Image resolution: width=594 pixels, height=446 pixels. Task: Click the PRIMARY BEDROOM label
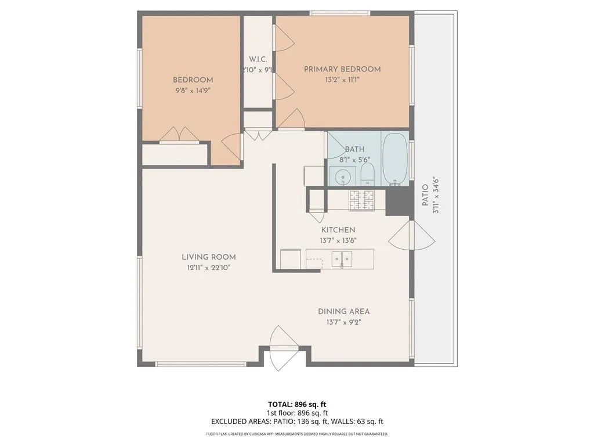click(x=342, y=69)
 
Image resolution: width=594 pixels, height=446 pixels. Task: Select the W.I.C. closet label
click(x=258, y=59)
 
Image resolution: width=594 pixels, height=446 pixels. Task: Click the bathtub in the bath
click(x=396, y=159)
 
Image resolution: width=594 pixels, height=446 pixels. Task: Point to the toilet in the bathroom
click(x=368, y=174)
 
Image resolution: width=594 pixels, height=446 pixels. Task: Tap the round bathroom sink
click(x=343, y=175)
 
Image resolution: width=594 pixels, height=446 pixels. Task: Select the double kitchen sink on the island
click(x=342, y=259)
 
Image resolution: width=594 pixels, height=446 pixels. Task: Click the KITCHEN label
click(x=338, y=230)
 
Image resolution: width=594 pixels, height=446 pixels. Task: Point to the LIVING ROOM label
click(x=208, y=257)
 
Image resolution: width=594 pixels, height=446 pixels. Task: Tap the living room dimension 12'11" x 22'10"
click(x=208, y=268)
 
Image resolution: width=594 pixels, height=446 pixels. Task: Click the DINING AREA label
click(x=343, y=311)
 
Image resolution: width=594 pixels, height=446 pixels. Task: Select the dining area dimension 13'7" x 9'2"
click(x=343, y=322)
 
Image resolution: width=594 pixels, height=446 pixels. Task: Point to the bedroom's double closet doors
click(x=179, y=135)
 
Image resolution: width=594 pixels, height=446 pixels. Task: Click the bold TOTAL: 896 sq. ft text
click(x=296, y=404)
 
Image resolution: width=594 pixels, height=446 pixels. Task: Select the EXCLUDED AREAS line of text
click(x=296, y=422)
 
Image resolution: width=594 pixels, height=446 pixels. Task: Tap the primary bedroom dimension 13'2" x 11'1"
click(x=342, y=80)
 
